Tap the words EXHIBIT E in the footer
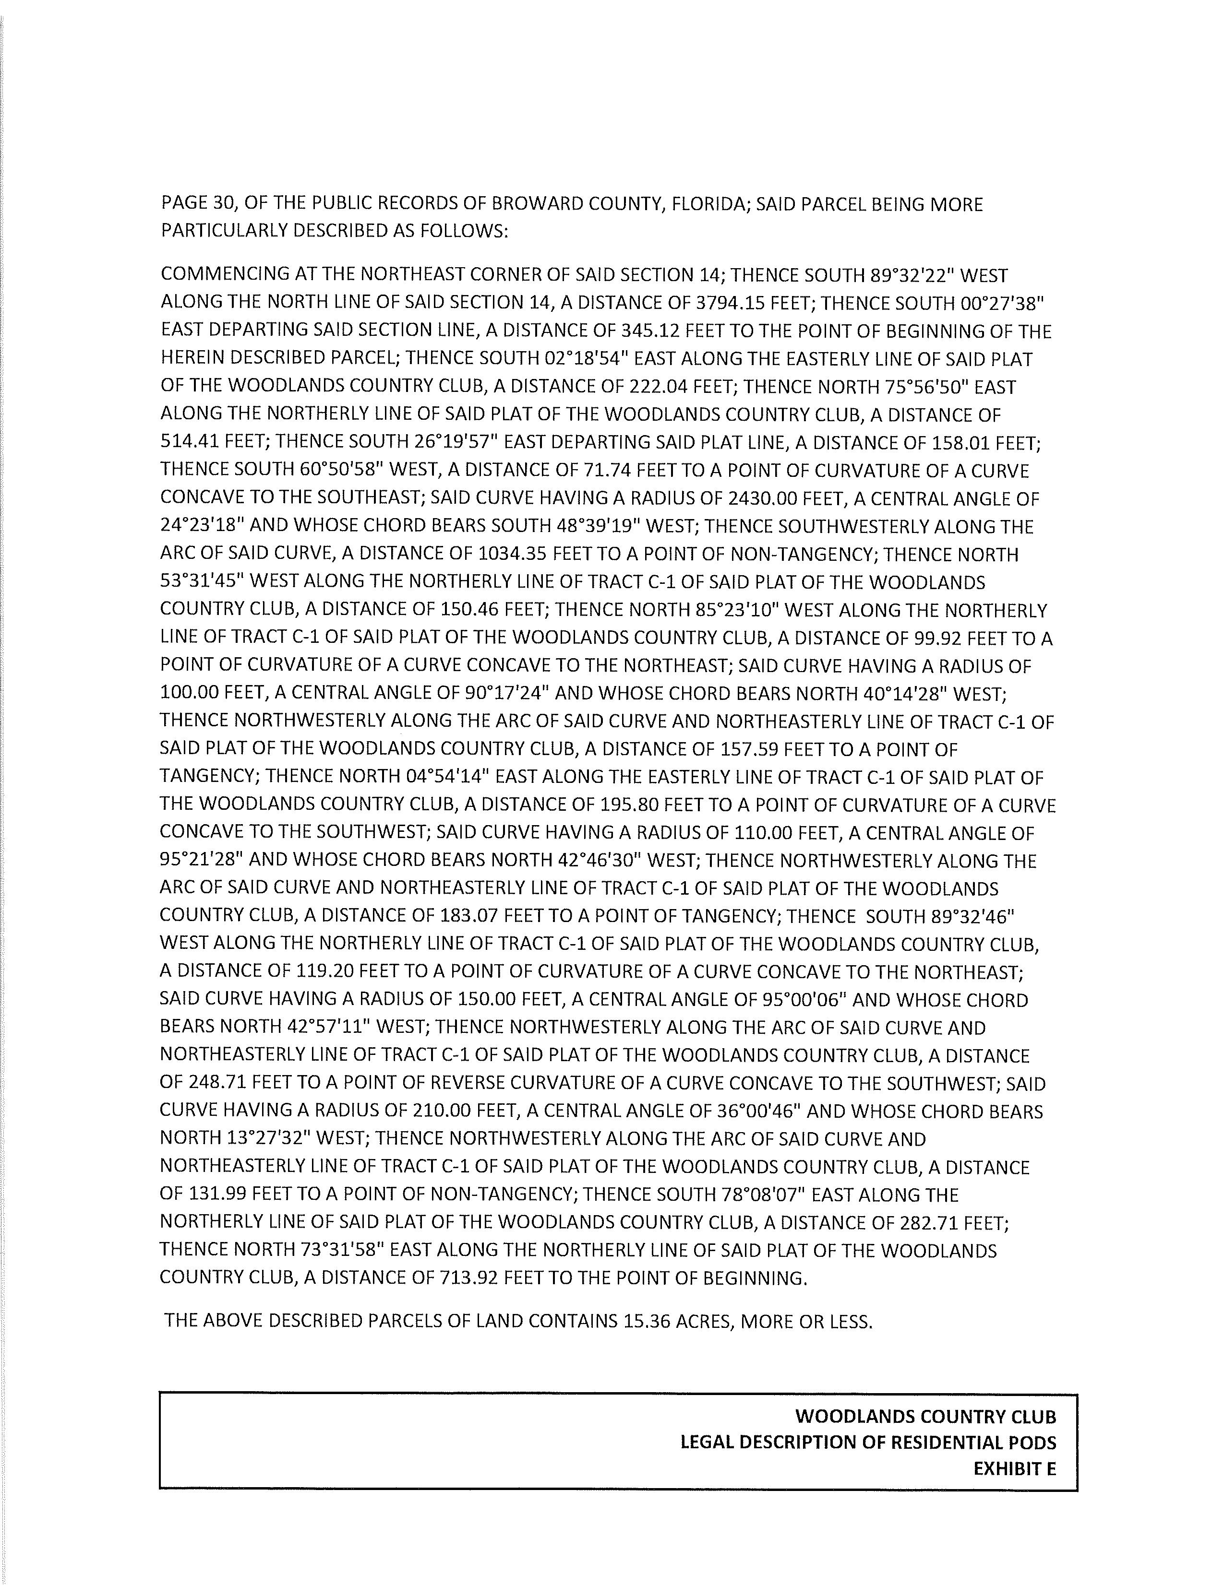pyautogui.click(x=1014, y=1469)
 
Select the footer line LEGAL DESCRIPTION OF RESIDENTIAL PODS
pyautogui.click(x=867, y=1443)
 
